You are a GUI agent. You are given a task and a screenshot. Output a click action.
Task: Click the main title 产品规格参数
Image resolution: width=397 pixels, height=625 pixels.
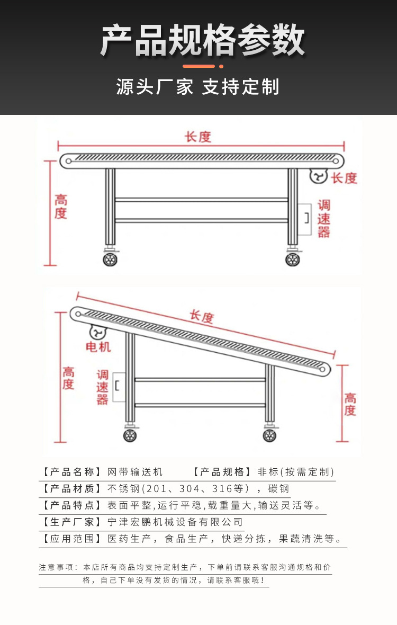(203, 40)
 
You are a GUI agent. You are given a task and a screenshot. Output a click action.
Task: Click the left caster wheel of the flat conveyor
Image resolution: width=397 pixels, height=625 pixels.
(110, 259)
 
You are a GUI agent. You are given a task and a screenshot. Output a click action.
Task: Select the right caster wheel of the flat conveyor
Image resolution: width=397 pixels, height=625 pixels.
(292, 259)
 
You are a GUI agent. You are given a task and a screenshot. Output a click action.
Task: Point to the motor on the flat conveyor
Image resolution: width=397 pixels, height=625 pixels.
(319, 176)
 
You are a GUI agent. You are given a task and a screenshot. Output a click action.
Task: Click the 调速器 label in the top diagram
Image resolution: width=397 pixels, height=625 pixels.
(324, 218)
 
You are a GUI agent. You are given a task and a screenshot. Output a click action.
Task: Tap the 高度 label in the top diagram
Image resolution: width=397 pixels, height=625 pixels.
(61, 207)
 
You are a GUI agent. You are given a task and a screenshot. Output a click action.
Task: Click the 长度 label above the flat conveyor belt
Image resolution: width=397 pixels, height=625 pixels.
(198, 137)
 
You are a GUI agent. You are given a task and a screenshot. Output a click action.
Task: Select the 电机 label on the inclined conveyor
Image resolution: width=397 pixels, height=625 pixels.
(98, 347)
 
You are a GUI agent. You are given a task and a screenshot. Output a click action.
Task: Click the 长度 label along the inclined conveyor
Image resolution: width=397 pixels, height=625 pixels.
(202, 317)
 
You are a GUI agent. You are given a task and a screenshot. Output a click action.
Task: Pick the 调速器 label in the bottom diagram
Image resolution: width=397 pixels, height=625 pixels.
(102, 387)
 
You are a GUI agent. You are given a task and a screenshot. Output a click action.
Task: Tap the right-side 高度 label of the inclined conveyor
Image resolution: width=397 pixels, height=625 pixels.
(350, 404)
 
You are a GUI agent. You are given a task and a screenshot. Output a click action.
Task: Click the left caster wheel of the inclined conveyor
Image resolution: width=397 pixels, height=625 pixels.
(130, 435)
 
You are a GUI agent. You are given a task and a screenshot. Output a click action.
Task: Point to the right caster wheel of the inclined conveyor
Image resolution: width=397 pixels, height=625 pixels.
(269, 435)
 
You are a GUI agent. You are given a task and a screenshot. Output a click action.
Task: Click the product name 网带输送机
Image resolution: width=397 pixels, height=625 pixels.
(135, 472)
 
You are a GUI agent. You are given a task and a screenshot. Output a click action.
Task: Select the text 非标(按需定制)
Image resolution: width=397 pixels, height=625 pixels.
(296, 472)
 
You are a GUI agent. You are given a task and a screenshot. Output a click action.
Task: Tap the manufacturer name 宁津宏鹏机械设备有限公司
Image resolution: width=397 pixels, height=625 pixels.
(175, 522)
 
